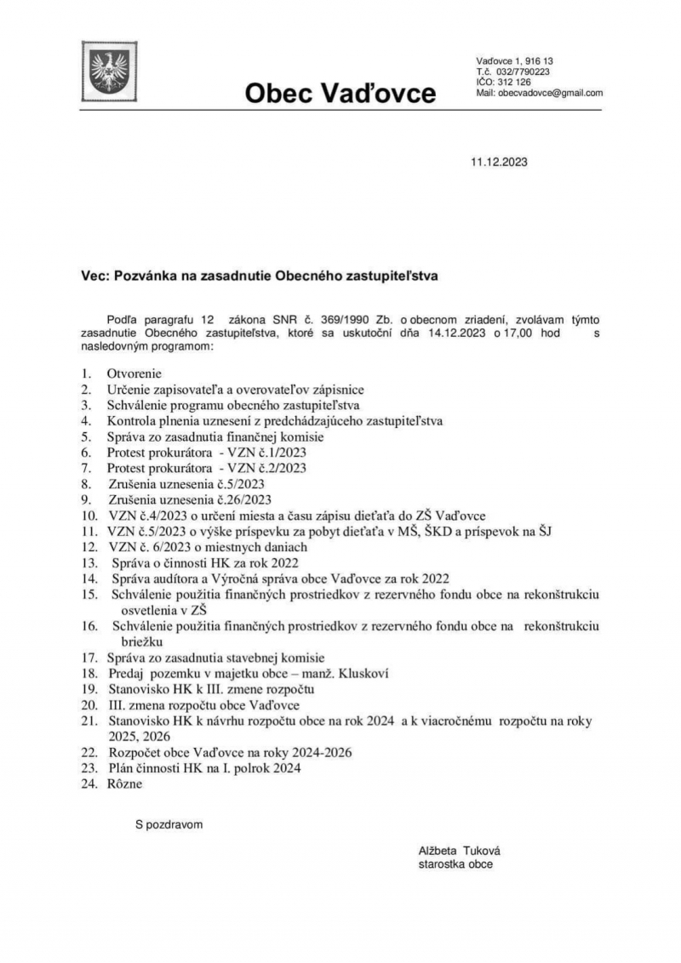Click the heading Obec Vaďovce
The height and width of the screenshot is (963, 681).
(340, 92)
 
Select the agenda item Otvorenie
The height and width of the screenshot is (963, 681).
(134, 373)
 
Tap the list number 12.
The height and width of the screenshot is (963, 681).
(89, 547)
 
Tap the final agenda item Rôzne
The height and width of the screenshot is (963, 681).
(125, 784)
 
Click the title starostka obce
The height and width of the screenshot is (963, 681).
(455, 863)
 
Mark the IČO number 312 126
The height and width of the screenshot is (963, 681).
(513, 83)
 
